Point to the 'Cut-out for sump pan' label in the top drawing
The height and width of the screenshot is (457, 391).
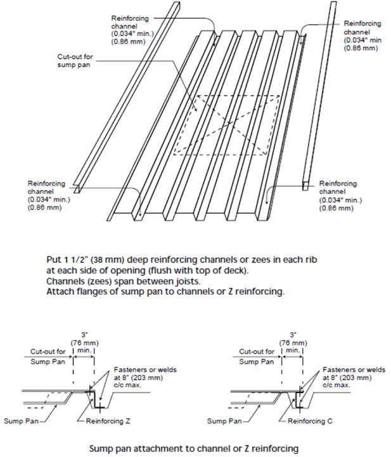pos(74,60)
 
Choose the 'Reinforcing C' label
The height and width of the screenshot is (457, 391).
pos(311,420)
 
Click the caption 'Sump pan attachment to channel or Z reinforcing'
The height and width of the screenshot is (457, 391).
pos(193,448)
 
